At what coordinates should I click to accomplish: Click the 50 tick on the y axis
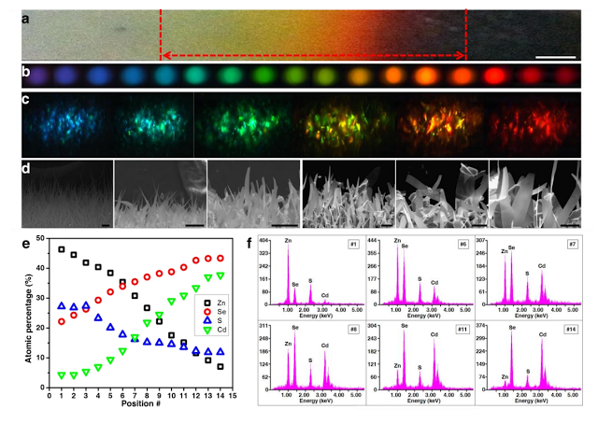click(x=39, y=239)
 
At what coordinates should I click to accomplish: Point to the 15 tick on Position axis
click(x=232, y=394)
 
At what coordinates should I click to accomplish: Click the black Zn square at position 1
click(x=62, y=249)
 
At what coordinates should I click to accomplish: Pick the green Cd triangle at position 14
click(x=220, y=275)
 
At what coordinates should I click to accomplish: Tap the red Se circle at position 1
click(x=62, y=321)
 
